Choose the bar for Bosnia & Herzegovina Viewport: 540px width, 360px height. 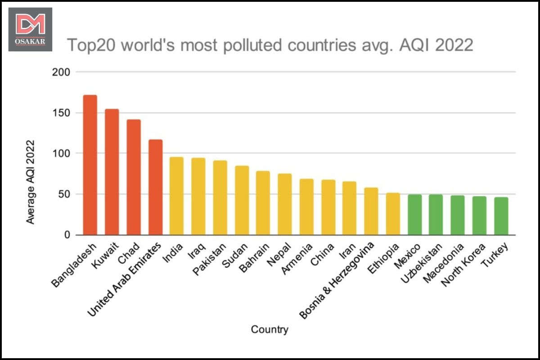point(371,211)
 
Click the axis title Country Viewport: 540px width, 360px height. point(270,329)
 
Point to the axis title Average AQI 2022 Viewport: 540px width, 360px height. point(30,182)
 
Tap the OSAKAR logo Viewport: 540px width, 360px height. point(30,29)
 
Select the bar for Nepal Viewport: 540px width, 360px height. point(284,204)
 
